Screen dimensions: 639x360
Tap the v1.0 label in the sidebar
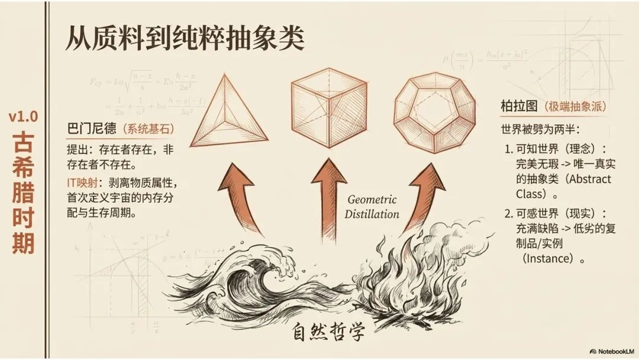coord(23,117)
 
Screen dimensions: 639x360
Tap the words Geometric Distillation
coord(372,207)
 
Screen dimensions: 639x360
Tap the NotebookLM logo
coord(611,350)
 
